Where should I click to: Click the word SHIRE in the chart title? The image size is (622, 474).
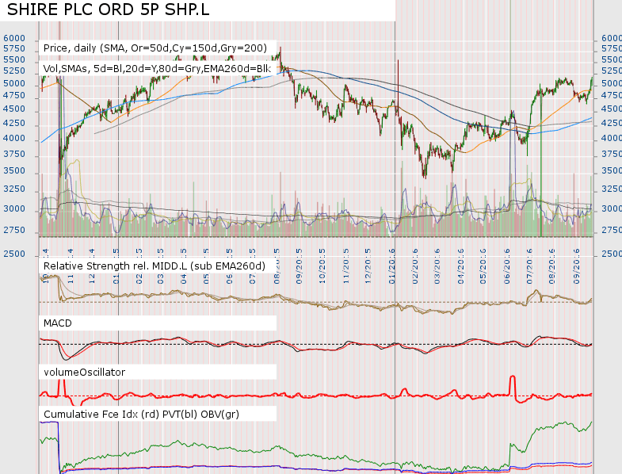pos(34,10)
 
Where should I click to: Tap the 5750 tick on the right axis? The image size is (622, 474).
pos(610,48)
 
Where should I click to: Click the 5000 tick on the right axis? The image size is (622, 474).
pos(610,83)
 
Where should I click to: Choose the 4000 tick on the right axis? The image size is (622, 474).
pos(610,139)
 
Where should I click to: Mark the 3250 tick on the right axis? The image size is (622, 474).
pos(610,189)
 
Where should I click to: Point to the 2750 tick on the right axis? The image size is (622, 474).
pos(610,231)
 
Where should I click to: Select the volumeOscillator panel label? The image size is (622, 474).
pos(85,371)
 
